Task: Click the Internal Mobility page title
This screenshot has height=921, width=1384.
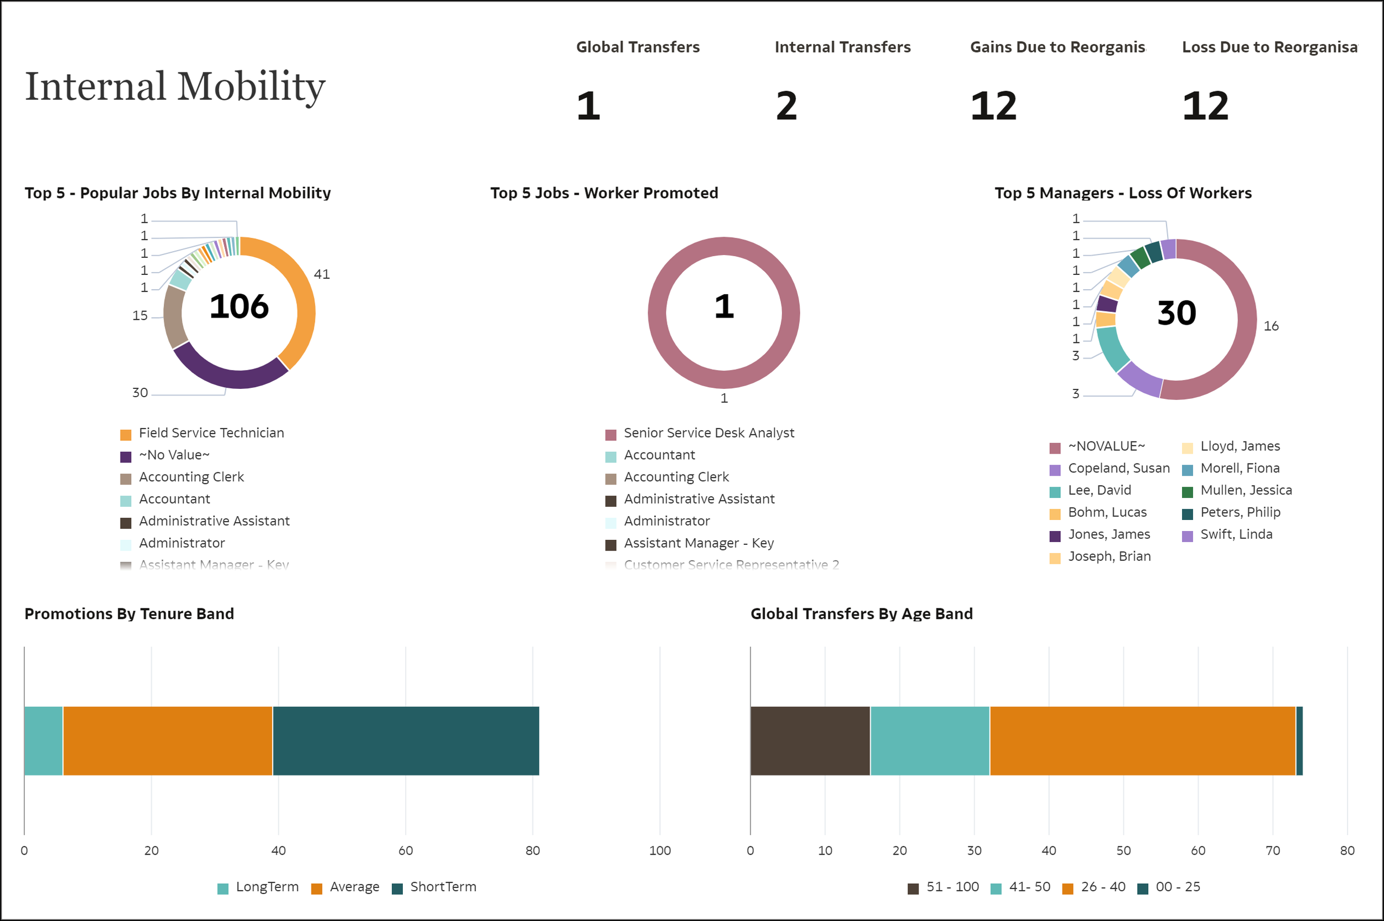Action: tap(175, 87)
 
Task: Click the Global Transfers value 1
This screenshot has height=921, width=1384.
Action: tap(588, 106)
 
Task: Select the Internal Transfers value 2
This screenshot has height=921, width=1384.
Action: tap(786, 106)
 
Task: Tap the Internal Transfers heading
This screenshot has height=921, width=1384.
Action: tap(842, 47)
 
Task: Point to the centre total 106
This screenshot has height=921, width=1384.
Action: tap(239, 306)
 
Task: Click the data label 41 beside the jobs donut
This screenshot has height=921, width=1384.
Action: tap(322, 274)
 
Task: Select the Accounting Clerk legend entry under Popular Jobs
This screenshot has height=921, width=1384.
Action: tap(191, 477)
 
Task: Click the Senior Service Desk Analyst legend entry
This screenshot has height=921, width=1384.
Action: tap(708, 433)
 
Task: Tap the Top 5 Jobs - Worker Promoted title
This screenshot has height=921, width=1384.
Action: tap(604, 193)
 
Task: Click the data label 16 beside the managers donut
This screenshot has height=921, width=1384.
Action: tap(1271, 326)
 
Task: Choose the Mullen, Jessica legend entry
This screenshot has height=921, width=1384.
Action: tap(1245, 491)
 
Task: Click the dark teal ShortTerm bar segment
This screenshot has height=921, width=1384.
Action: tap(405, 741)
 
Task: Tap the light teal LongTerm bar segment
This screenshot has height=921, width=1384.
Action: tap(43, 741)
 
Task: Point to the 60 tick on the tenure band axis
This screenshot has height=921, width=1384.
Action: tap(405, 851)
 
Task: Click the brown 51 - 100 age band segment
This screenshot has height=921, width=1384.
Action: tap(810, 741)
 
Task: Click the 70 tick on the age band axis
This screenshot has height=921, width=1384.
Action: tap(1272, 851)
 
